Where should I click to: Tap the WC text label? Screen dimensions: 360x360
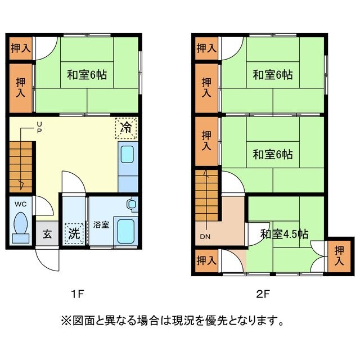pyautogui.click(x=20, y=204)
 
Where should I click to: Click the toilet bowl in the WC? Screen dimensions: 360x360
pyautogui.click(x=21, y=226)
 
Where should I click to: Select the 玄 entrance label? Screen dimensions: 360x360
pyautogui.click(x=47, y=232)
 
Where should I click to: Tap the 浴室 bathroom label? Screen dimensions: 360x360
pyautogui.click(x=101, y=224)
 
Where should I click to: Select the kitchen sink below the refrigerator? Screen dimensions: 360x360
pyautogui.click(x=128, y=154)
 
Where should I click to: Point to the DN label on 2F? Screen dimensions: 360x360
pyautogui.click(x=203, y=237)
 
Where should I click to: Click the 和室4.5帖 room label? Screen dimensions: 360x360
pyautogui.click(x=283, y=233)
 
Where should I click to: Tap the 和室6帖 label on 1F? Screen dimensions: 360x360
pyautogui.click(x=87, y=74)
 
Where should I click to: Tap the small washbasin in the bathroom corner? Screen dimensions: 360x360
pyautogui.click(x=132, y=204)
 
